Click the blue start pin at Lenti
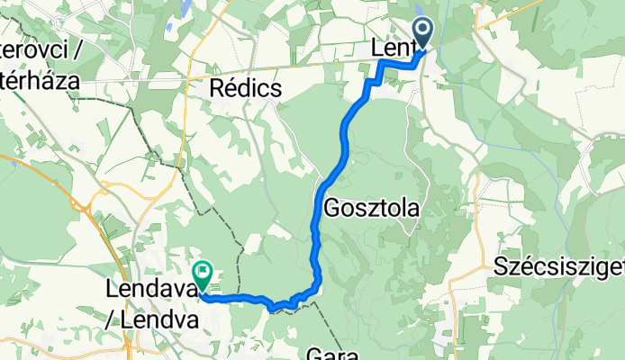pyautogui.click(x=422, y=33)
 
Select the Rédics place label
pyautogui.click(x=245, y=88)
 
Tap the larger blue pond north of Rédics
pyautogui.click(x=185, y=8)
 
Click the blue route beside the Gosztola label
pyautogui.click(x=316, y=207)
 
